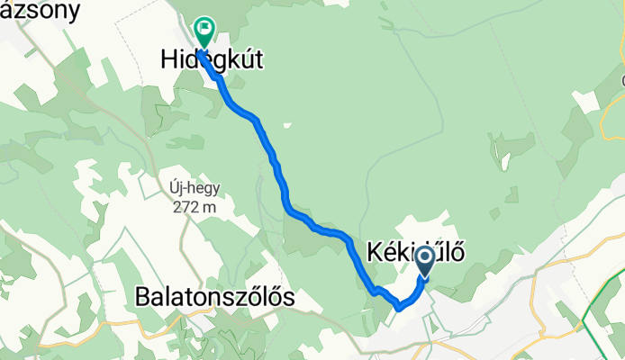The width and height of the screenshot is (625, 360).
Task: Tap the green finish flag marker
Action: coord(205,33)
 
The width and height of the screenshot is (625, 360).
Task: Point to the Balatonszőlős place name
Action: coord(214,296)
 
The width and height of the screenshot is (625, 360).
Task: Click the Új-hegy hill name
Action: coord(194,189)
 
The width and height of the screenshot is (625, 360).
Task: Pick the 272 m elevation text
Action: coord(194,206)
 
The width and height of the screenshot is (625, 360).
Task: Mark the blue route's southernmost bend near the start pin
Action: coord(399,309)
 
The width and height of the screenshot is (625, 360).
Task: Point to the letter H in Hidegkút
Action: coord(169,60)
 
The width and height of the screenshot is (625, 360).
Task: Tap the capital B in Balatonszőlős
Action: coord(142,296)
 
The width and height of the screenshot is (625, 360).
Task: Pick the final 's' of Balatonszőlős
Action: coord(288,297)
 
